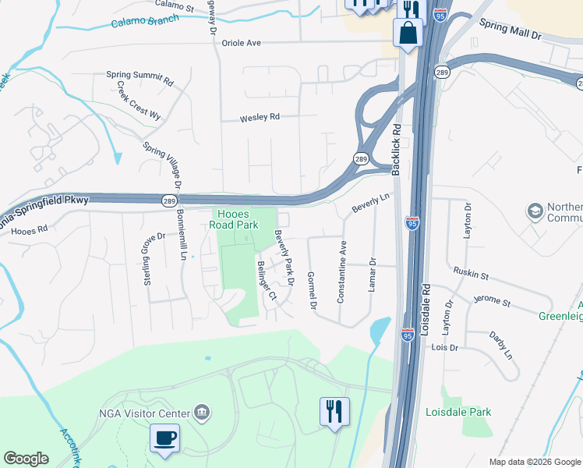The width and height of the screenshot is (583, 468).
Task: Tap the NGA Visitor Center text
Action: point(144,413)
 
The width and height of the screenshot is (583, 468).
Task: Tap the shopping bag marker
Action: point(408,33)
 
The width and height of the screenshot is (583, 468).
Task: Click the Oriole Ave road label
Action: point(241,43)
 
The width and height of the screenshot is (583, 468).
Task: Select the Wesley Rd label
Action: point(260,118)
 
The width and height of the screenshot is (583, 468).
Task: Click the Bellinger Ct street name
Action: point(267,281)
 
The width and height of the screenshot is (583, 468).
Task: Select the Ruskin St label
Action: point(471,275)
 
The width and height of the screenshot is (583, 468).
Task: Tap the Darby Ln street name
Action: point(501,346)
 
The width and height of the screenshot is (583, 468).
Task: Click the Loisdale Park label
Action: point(458,411)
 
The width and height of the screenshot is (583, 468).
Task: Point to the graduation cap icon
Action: point(535,211)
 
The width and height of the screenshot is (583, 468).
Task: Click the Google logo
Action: point(26,459)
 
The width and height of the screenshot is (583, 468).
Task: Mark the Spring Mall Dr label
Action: point(510,30)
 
